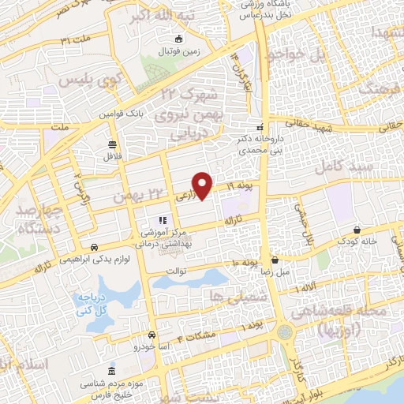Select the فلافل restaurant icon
tap(112, 144)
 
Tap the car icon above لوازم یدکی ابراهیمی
tap(95, 246)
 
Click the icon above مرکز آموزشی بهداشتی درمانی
tap(163, 220)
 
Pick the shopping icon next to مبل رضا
tap(275, 259)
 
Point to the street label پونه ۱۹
tap(244, 185)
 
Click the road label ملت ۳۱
tap(77, 39)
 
